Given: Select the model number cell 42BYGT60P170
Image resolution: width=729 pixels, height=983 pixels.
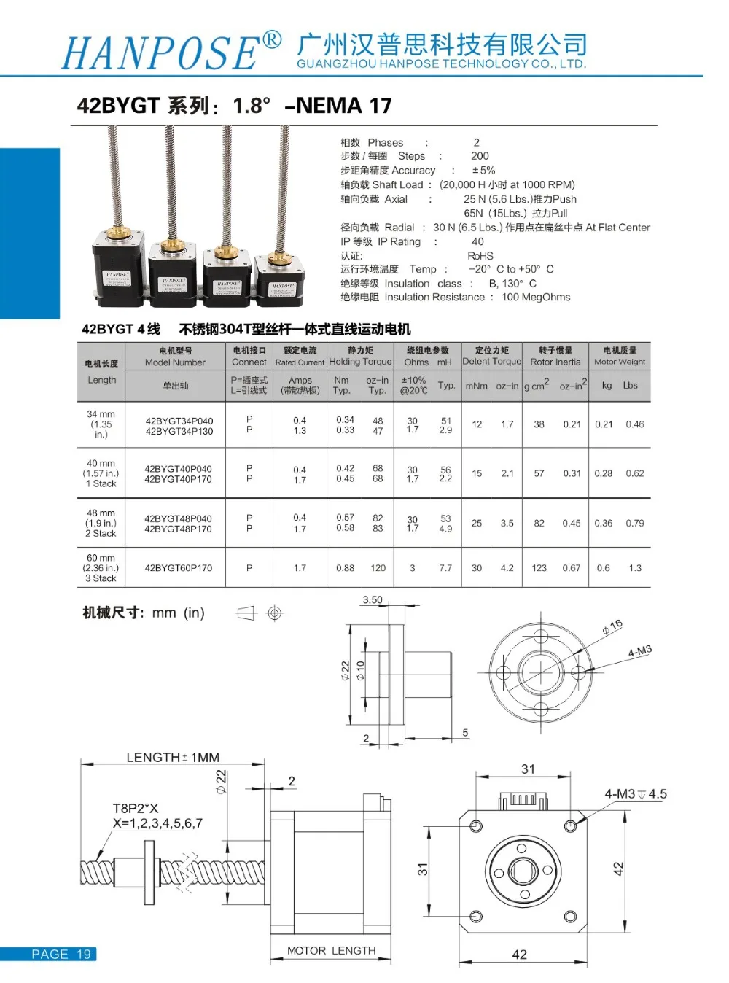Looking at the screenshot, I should click(179, 568).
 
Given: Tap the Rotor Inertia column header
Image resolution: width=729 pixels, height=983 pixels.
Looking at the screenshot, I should click(555, 356).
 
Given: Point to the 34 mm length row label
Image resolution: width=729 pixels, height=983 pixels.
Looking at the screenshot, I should click(101, 424).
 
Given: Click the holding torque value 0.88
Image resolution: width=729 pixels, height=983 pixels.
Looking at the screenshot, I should click(346, 568).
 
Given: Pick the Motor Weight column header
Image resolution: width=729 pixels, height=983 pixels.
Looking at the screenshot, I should click(620, 356).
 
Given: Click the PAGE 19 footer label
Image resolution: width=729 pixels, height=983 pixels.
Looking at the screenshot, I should click(61, 954).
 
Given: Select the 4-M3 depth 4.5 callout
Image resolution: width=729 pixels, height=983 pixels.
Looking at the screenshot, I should click(635, 794).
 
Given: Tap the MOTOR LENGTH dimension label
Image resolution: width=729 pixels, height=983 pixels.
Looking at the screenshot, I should click(332, 951).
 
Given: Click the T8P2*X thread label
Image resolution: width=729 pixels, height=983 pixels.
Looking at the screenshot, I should click(136, 808).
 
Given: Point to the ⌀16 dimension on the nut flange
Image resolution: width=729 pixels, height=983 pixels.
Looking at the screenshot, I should click(612, 626).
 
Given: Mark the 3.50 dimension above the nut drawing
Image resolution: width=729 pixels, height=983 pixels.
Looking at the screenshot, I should click(373, 600).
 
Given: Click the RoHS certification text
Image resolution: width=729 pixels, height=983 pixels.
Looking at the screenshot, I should click(480, 256).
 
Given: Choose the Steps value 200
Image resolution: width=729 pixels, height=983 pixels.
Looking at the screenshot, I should click(480, 156).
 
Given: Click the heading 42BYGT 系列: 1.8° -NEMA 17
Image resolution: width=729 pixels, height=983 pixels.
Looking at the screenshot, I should click(234, 106).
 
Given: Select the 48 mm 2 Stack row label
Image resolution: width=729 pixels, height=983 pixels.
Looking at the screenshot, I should click(101, 523).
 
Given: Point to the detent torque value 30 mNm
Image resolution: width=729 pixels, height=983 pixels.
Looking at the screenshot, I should click(477, 568).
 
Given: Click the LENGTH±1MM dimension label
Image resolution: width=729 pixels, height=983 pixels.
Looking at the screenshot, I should click(173, 758).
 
